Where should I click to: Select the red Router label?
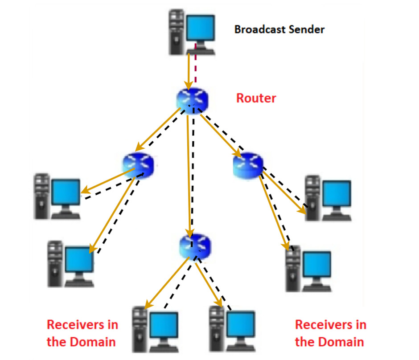point(256,98)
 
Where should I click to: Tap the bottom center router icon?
point(195,245)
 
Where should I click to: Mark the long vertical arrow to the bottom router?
point(190,178)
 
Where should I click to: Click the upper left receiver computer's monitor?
point(66,192)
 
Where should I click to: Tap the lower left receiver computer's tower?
point(55,263)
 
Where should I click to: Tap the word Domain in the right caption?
point(341,342)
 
